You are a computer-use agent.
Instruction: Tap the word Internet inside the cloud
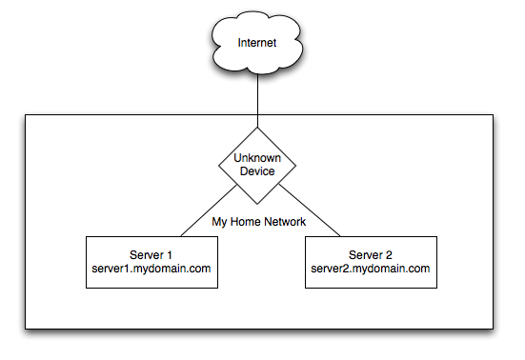point(257,44)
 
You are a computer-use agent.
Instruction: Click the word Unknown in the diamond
point(257,158)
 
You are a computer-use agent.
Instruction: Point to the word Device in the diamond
point(257,171)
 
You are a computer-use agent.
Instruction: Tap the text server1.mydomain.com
point(152,269)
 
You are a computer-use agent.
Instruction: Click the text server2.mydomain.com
point(371,269)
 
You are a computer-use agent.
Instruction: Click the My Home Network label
point(257,222)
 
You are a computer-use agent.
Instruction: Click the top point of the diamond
point(257,129)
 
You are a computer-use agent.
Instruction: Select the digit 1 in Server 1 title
point(172,254)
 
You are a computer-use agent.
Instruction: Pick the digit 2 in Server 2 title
point(390,254)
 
